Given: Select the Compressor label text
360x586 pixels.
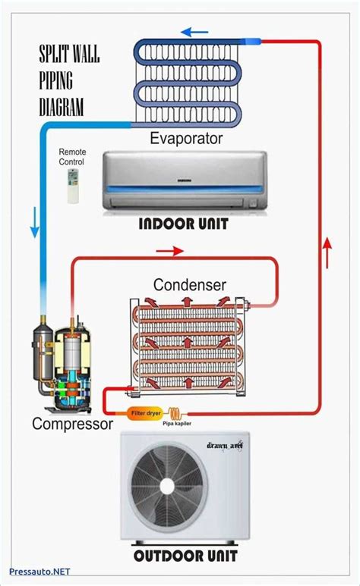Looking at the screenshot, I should pos(72,424).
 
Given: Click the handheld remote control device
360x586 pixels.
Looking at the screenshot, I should pos(74,186).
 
